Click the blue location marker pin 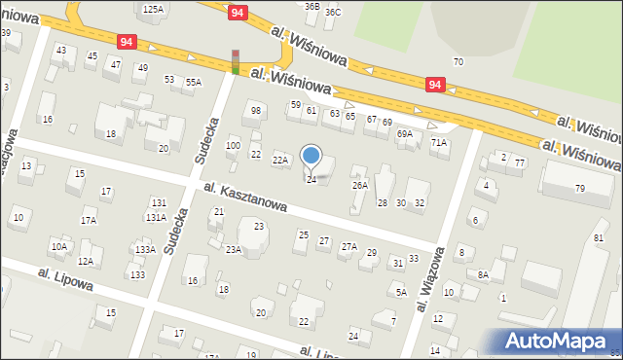click(x=311, y=156)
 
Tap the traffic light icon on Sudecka click(x=235, y=61)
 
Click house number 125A click(x=153, y=9)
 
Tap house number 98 click(x=256, y=111)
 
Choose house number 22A click(x=280, y=160)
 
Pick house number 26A click(x=360, y=185)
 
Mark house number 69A click(x=405, y=134)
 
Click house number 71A click(x=439, y=143)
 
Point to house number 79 click(x=579, y=188)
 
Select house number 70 click(x=458, y=62)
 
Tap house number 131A click(x=156, y=217)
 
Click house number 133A click(x=145, y=250)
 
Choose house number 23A click(x=234, y=250)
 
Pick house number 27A click(x=348, y=247)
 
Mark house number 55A click(x=193, y=83)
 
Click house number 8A click(x=483, y=274)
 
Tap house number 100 click(x=233, y=146)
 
